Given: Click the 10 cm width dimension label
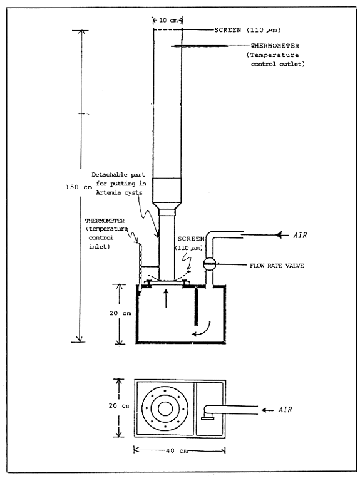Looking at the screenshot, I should [x=167, y=20].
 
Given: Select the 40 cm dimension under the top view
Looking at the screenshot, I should [x=180, y=449].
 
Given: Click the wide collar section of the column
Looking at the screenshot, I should [x=167, y=191].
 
